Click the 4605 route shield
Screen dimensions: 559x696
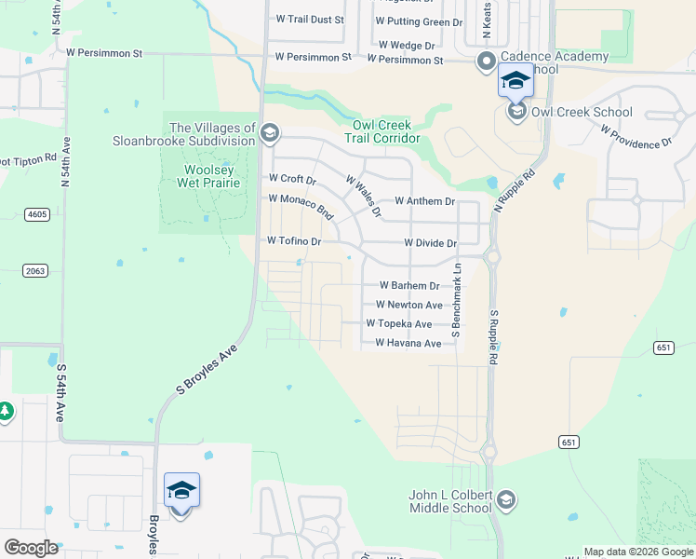(x=37, y=214)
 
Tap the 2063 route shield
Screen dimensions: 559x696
(x=34, y=270)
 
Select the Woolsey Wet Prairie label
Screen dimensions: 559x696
(x=209, y=176)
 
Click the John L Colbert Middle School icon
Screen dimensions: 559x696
(x=506, y=501)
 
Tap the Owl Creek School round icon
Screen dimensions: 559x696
(x=515, y=113)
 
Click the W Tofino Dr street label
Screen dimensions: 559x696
(x=293, y=240)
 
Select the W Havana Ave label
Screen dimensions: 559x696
(x=408, y=343)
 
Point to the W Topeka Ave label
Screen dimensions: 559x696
(x=398, y=323)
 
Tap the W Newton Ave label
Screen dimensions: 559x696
(x=408, y=305)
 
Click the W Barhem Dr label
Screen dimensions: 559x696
(x=409, y=286)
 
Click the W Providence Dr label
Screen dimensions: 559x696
(x=636, y=135)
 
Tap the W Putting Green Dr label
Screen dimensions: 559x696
(x=418, y=21)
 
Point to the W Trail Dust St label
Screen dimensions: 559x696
(x=310, y=19)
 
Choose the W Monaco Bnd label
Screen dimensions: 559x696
(x=301, y=205)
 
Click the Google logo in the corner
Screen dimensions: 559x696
(x=31, y=547)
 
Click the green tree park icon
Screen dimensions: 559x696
(x=6, y=411)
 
